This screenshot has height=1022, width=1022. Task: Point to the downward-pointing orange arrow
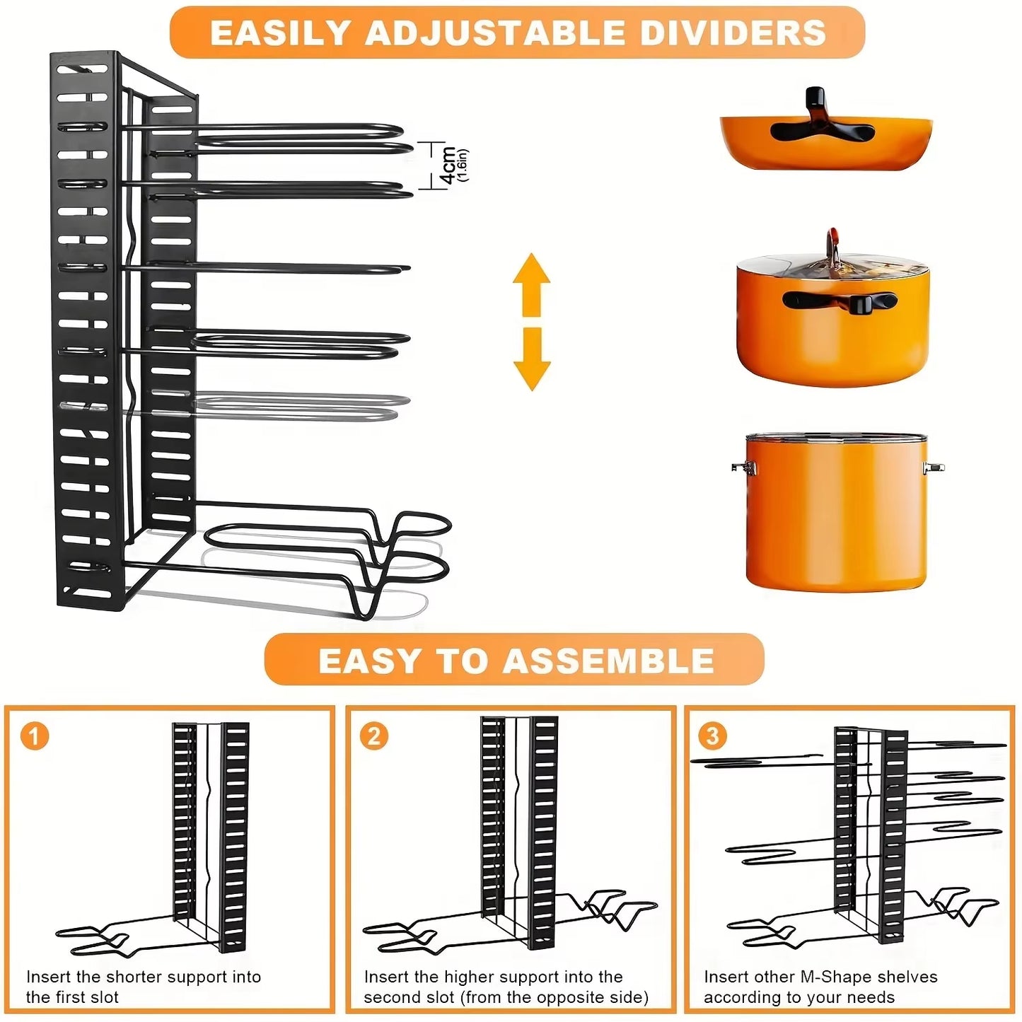(x=532, y=359)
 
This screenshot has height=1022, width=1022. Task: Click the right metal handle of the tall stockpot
(x=933, y=467)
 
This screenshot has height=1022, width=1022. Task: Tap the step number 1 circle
(x=35, y=736)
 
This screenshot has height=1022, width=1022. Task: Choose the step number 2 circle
(x=373, y=736)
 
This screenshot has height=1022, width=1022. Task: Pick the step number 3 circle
(x=712, y=736)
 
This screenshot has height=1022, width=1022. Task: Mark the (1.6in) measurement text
(x=463, y=166)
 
